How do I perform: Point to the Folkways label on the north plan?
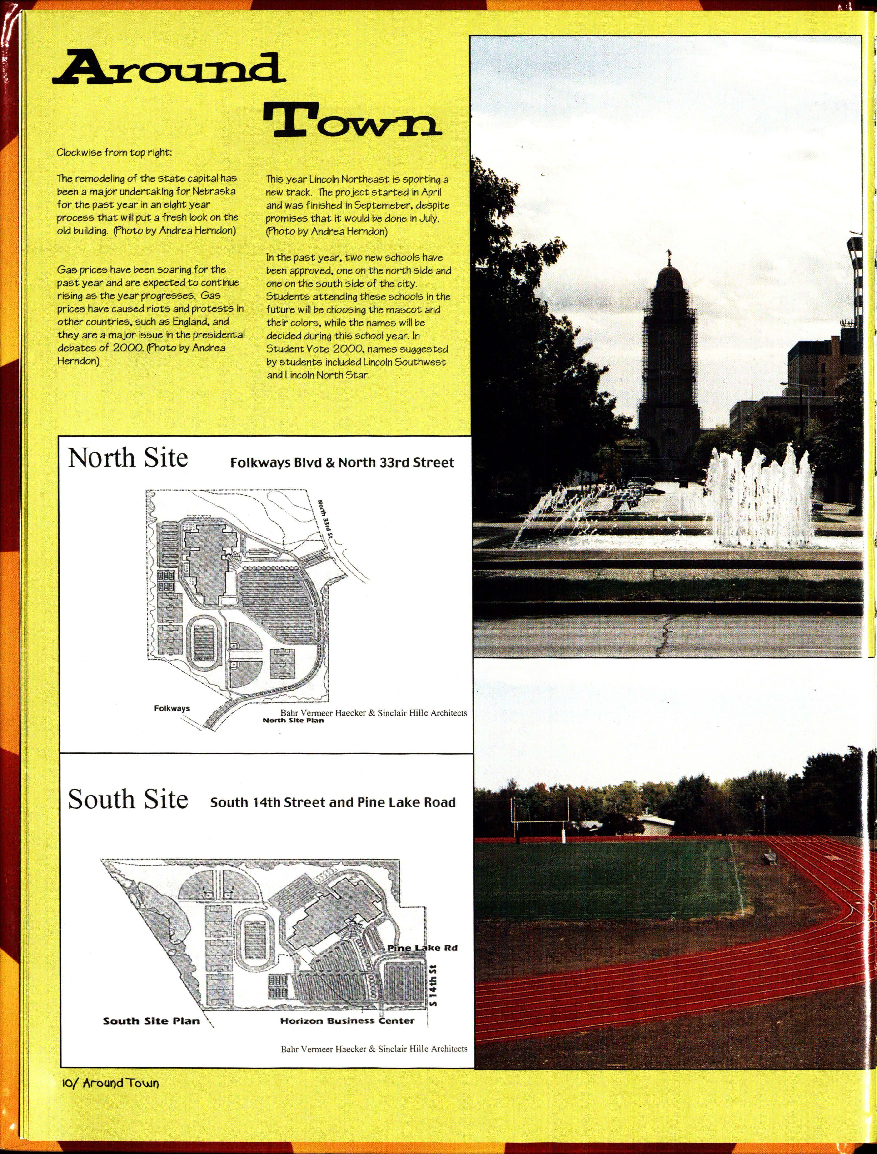pos(172,708)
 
